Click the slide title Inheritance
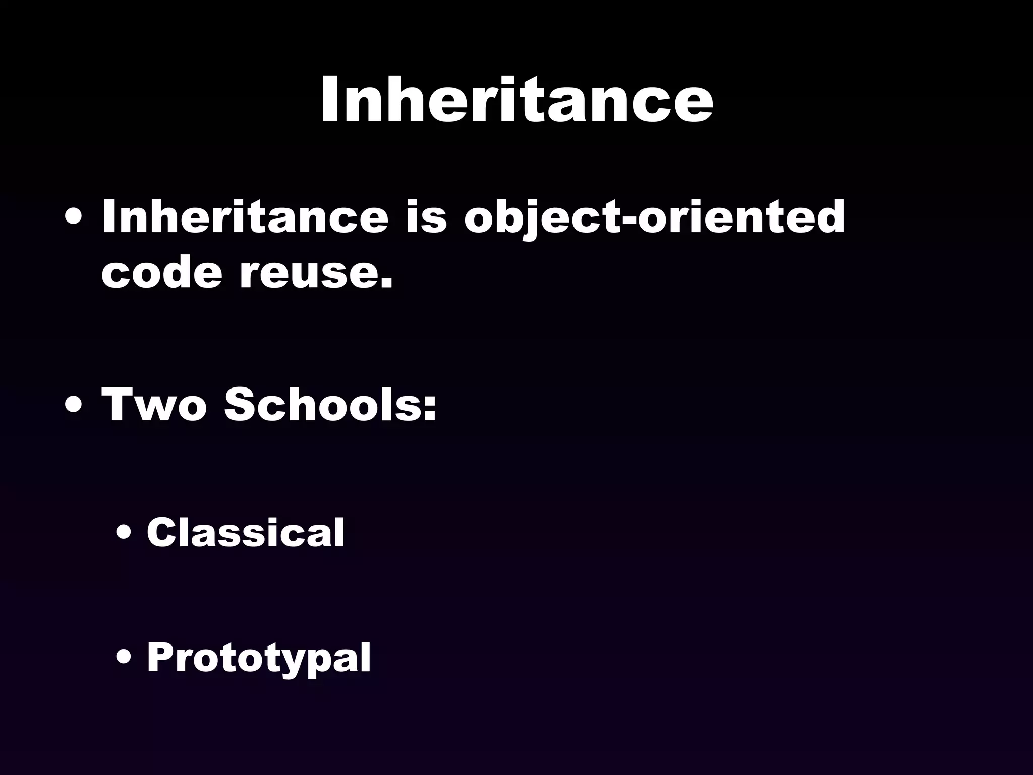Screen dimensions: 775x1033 point(516,99)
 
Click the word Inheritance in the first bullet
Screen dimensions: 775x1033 point(245,217)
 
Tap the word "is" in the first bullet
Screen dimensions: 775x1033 point(426,217)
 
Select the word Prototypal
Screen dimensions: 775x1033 point(259,658)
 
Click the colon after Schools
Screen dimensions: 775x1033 point(429,408)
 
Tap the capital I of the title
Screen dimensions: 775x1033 point(330,99)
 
